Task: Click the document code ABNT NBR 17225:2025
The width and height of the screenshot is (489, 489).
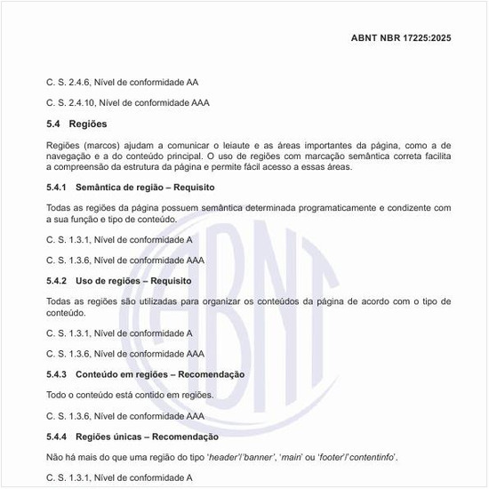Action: [402, 39]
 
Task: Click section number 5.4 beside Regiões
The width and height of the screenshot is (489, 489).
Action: [53, 124]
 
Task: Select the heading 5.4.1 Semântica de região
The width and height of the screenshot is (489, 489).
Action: [131, 188]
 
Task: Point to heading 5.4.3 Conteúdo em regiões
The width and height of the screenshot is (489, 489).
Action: [145, 374]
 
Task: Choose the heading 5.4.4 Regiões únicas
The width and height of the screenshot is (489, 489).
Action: [132, 437]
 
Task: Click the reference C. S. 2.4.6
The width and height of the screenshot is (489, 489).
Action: [122, 82]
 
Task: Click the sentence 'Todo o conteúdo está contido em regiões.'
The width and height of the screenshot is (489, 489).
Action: [130, 395]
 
